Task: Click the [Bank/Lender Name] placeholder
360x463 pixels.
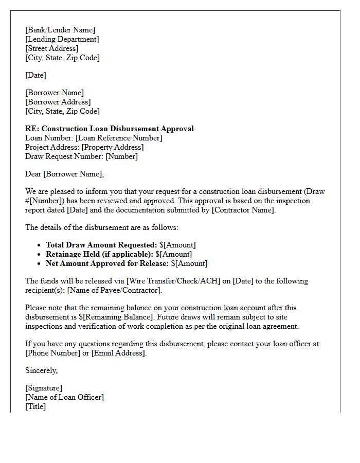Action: (x=60, y=30)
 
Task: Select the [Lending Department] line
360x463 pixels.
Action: (x=62, y=39)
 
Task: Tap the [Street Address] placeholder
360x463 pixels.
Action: (x=51, y=48)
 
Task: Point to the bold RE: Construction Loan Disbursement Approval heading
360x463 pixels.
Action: (x=110, y=129)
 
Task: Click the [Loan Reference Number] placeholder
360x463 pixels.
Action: (x=118, y=138)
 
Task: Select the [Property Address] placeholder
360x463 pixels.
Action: (x=113, y=147)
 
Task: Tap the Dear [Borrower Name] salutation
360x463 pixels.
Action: (x=64, y=174)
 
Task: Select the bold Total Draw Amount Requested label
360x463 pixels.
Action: (x=101, y=245)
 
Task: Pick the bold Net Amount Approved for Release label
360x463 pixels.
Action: (x=107, y=263)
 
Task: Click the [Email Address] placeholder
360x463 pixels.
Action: (x=119, y=353)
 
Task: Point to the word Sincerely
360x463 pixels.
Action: (x=42, y=370)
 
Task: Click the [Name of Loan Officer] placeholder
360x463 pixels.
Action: (x=64, y=397)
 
